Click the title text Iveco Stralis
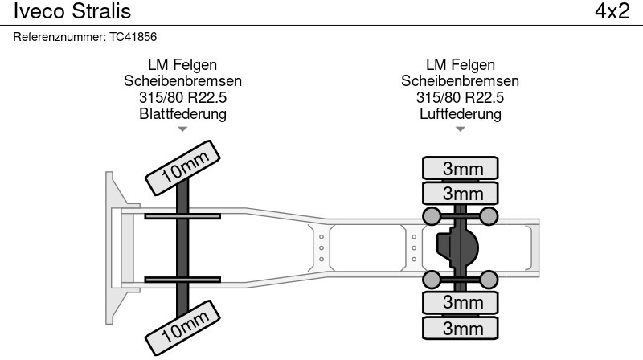coord(72,12)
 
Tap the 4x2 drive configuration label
coord(612,12)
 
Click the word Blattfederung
coord(182,114)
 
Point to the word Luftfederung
coord(461,114)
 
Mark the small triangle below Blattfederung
coord(182,129)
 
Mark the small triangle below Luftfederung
coord(461,129)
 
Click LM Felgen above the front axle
coord(182,65)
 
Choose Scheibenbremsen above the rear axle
coord(461,81)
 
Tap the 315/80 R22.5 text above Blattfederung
coord(182,97)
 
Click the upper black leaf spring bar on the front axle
coord(182,215)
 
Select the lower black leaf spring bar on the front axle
coord(182,279)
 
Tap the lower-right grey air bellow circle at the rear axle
coord(489,279)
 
